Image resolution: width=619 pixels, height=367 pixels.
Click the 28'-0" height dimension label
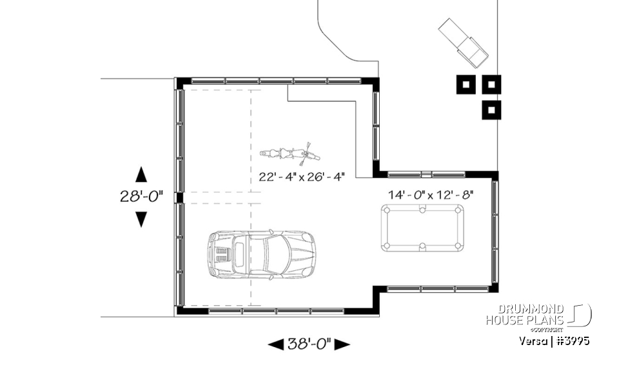141,197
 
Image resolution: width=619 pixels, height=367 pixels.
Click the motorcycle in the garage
290,154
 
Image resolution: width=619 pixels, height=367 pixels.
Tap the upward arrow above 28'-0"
141,174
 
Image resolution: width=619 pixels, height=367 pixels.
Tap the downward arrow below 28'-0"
141,219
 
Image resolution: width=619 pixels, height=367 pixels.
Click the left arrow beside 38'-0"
275,344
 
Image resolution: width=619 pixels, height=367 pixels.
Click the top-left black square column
466,84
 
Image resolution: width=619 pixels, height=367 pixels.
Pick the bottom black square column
491,110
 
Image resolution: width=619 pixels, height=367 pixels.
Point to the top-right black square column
491,84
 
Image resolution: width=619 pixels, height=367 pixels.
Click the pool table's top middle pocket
422,209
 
